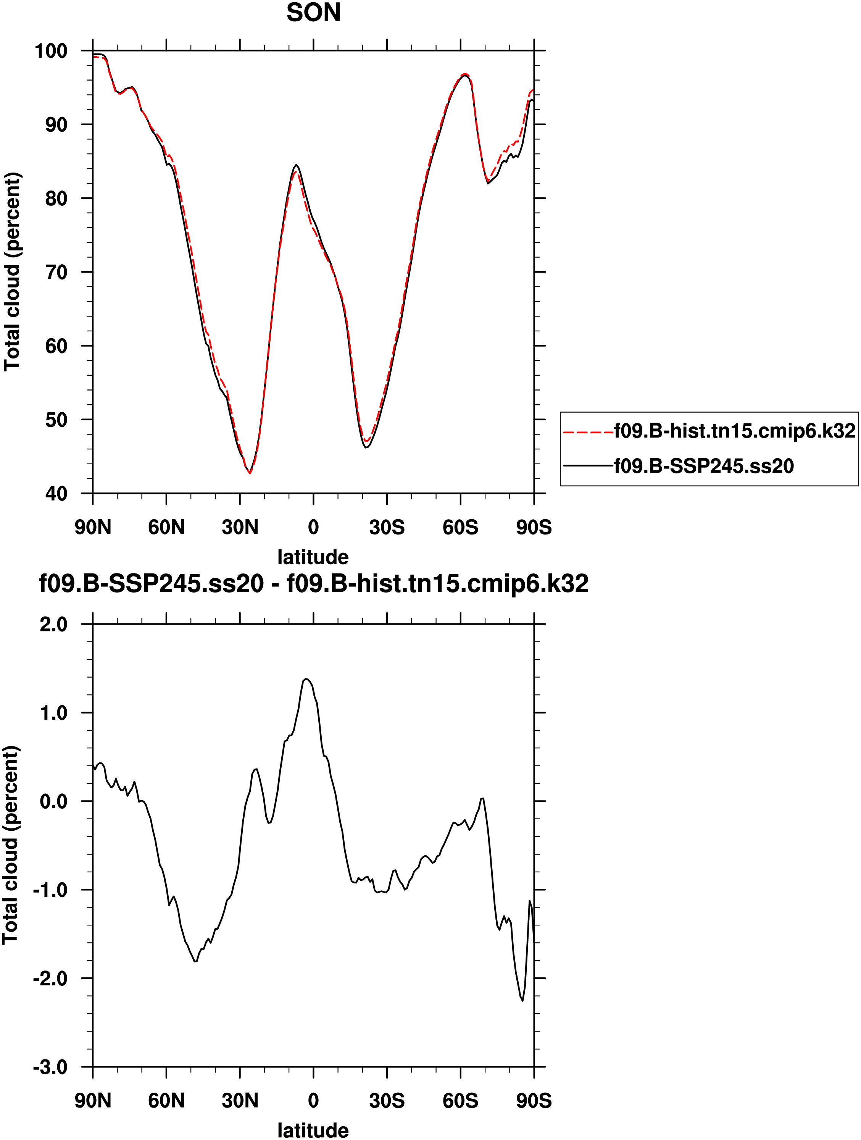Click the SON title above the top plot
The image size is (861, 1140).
click(x=313, y=13)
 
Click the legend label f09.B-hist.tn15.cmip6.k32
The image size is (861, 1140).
click(x=734, y=431)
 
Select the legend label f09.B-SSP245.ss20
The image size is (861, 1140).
click(x=703, y=466)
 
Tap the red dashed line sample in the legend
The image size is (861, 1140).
click(x=588, y=432)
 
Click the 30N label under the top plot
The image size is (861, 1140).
click(x=240, y=527)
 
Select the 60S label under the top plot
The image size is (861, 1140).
click(x=460, y=527)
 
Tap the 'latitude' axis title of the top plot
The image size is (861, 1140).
click(x=313, y=557)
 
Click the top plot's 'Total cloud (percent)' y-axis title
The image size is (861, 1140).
click(x=12, y=271)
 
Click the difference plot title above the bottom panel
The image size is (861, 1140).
click(x=313, y=584)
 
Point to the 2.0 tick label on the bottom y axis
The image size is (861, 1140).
click(x=53, y=624)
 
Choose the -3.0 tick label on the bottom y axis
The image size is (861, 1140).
click(x=50, y=1067)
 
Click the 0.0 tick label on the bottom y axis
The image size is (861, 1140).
click(x=53, y=801)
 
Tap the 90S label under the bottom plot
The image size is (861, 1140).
click(x=534, y=1101)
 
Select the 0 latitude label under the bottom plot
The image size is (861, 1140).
click(x=313, y=1101)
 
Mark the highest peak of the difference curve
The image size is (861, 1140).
click(x=306, y=679)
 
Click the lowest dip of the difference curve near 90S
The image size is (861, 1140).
click(x=522, y=1001)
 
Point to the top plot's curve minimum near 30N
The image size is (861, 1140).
click(x=250, y=473)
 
